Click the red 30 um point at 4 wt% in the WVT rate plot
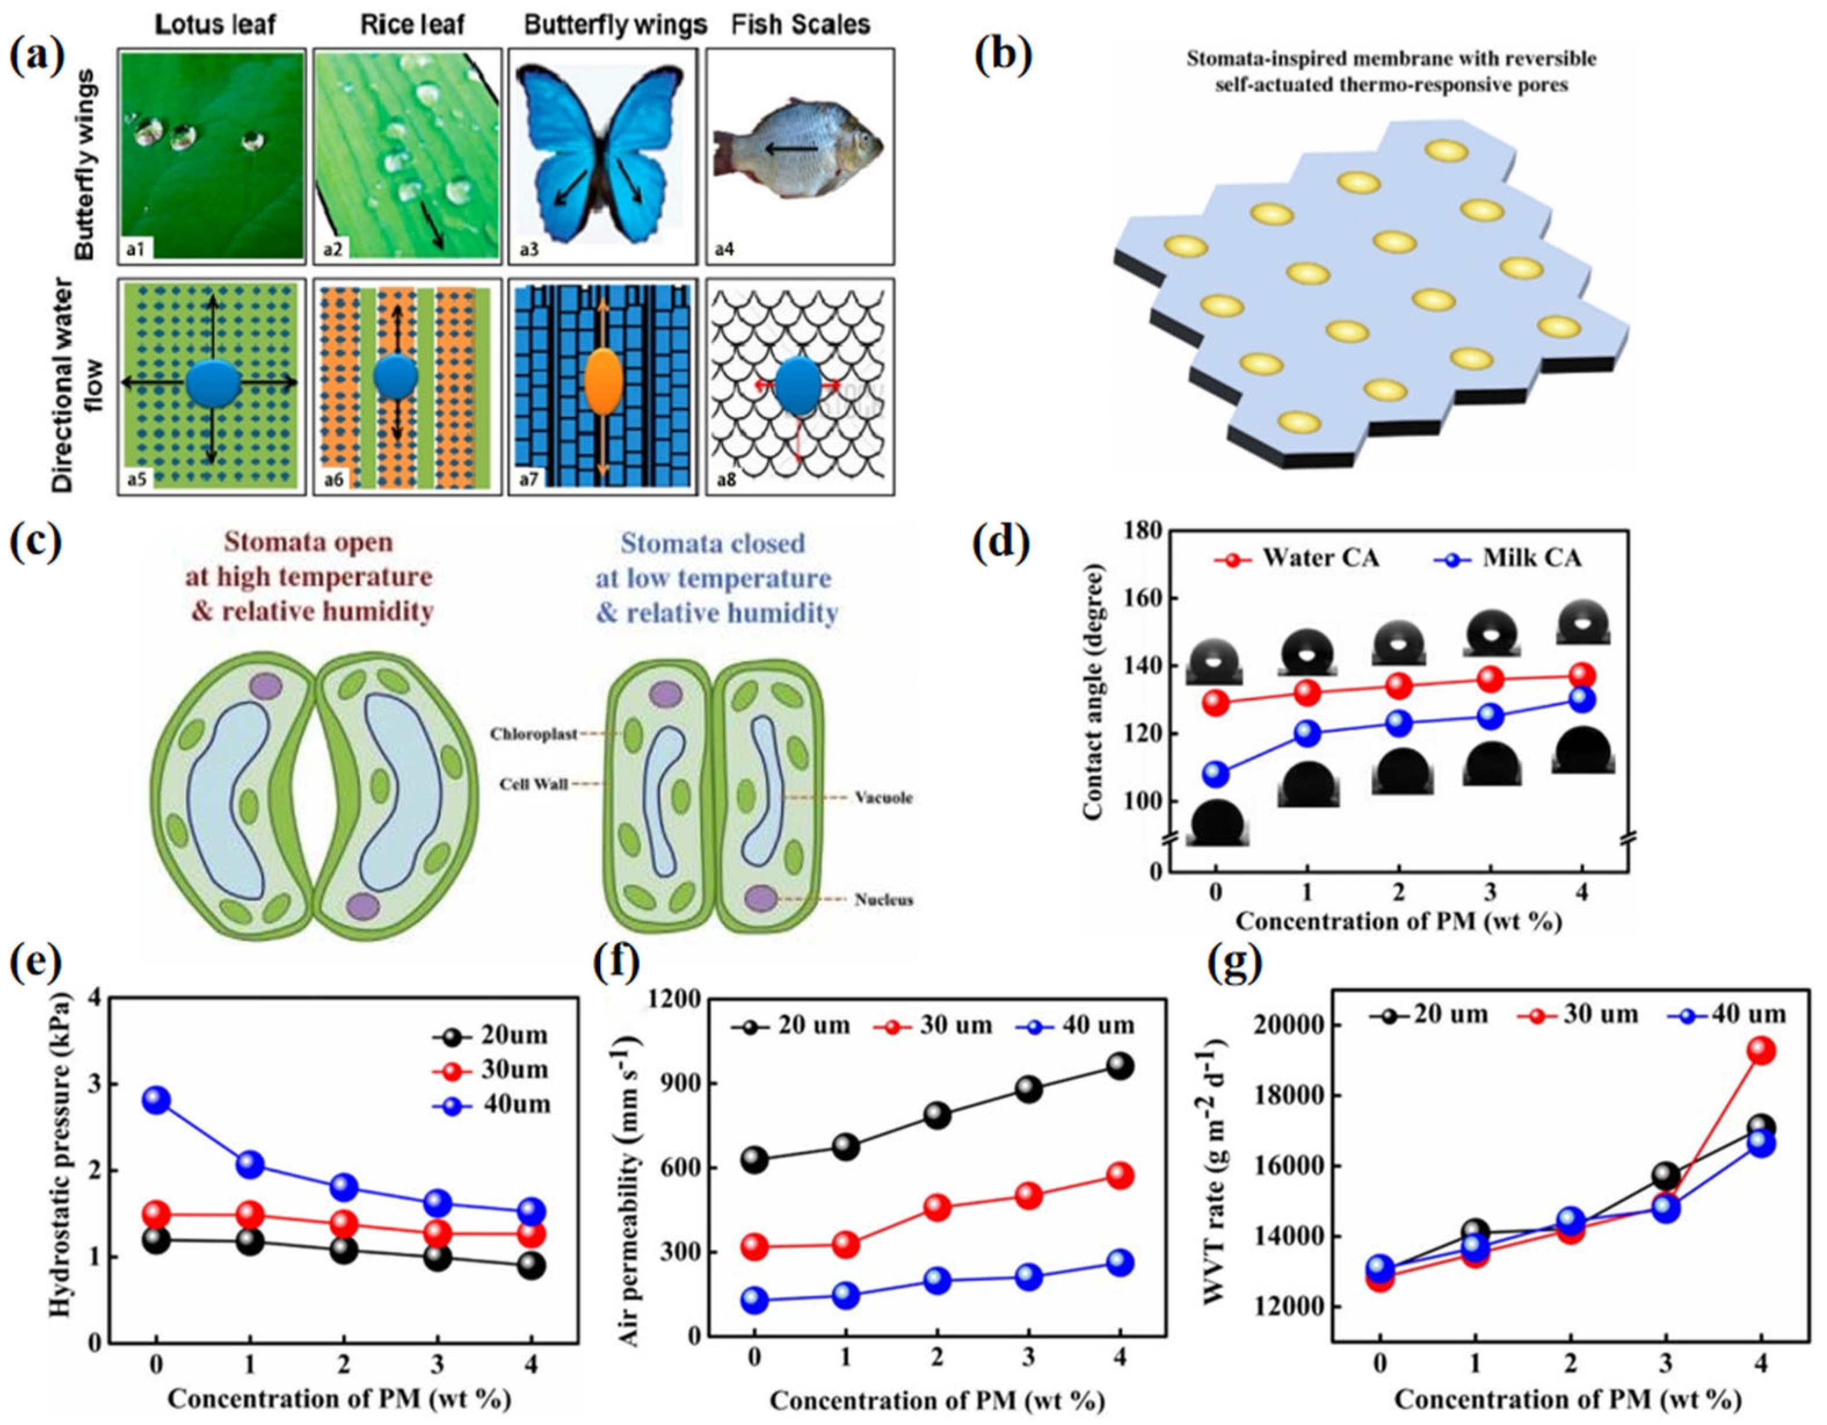pyautogui.click(x=1761, y=1051)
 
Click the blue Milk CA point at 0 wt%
pyautogui.click(x=1215, y=775)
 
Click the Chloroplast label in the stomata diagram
pyautogui.click(x=533, y=734)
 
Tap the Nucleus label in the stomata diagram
pyautogui.click(x=884, y=900)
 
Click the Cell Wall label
pyautogui.click(x=533, y=784)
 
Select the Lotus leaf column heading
pyautogui.click(x=215, y=24)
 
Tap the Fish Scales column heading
pyautogui.click(x=801, y=24)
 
